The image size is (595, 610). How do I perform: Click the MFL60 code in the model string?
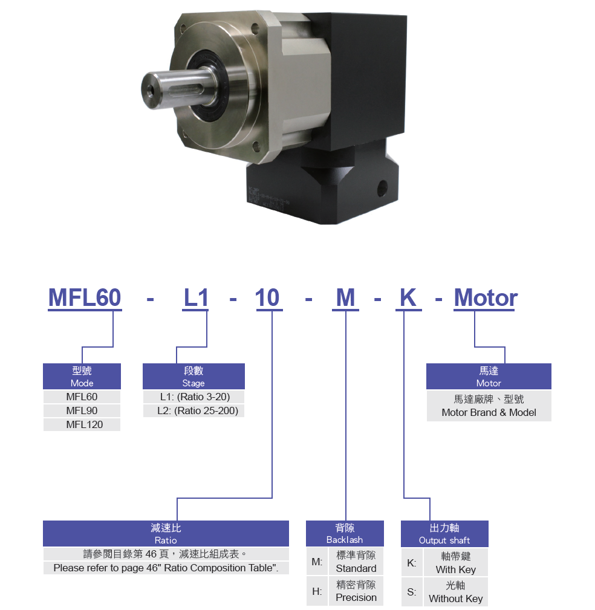(85, 298)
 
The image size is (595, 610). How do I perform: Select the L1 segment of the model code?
(196, 298)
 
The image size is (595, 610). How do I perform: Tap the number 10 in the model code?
(267, 298)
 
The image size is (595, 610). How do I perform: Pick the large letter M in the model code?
(345, 298)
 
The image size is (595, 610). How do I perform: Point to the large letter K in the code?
(408, 298)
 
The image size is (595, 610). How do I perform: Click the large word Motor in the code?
(486, 298)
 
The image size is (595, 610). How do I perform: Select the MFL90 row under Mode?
(82, 411)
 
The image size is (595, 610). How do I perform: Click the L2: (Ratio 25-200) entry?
(198, 411)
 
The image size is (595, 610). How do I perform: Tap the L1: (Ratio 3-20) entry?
(195, 397)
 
